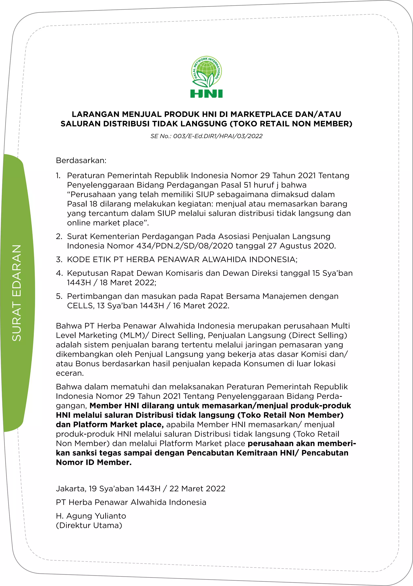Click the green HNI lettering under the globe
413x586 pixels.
point(206,94)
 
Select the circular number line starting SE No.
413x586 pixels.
point(206,136)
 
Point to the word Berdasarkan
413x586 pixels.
point(81,161)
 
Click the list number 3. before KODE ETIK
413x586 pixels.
point(59,260)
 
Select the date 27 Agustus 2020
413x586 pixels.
point(307,246)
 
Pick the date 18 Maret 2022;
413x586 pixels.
point(128,283)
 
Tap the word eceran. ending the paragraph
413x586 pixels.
point(70,373)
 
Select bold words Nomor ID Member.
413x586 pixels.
point(94,462)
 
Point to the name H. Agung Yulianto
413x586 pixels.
point(91,516)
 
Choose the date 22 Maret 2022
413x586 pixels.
point(197,489)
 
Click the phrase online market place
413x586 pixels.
point(108,223)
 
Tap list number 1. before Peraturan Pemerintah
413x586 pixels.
point(58,176)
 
